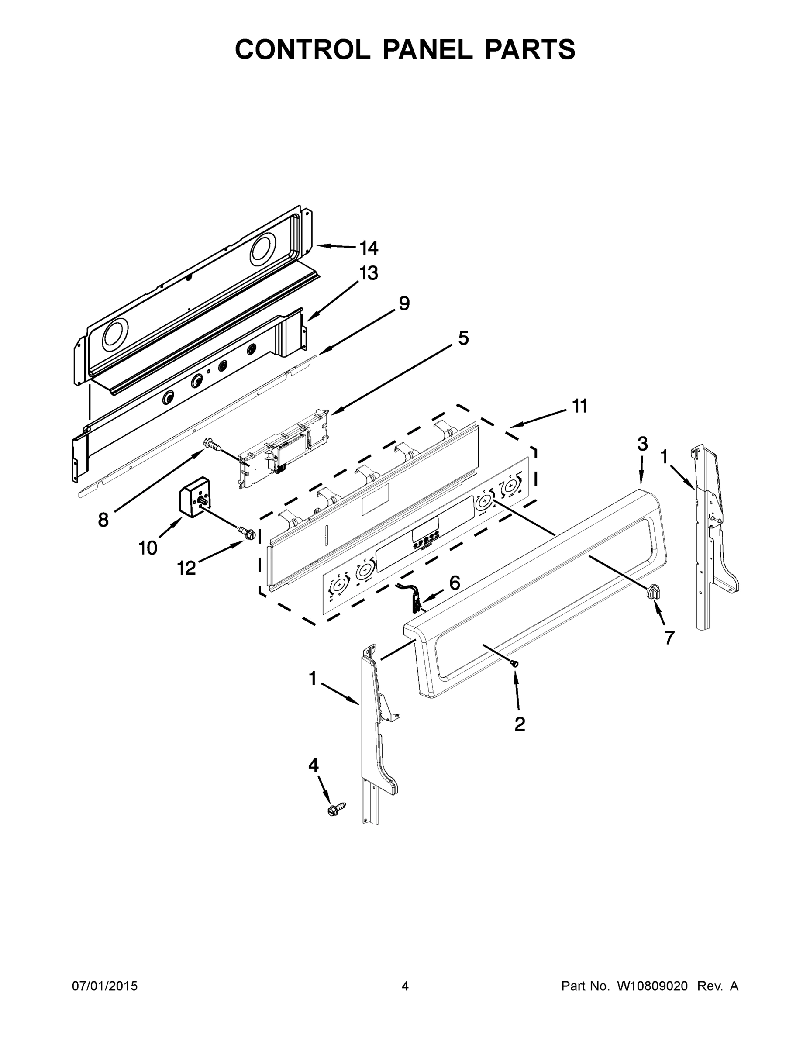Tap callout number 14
pos(369,248)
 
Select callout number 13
pos(369,273)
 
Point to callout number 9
pos(404,303)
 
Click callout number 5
pos(462,338)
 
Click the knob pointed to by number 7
pos(653,592)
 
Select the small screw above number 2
pos(515,663)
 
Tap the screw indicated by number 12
pos(246,532)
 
